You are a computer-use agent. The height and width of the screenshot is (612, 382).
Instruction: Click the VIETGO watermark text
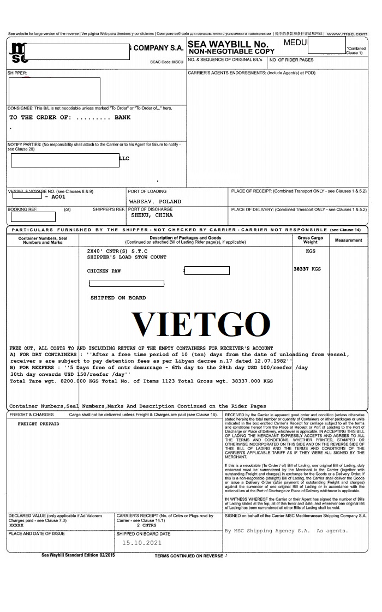pos(201,325)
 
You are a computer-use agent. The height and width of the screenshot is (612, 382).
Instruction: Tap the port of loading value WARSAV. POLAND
pos(155,201)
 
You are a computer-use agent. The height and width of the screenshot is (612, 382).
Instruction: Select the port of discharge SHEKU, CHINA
pos(152,215)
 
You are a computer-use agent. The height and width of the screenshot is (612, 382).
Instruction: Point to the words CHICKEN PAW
pos(104,271)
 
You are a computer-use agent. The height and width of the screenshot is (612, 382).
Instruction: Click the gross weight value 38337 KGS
pos(307,269)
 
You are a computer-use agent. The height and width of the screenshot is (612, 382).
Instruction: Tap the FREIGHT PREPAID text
pos(38,424)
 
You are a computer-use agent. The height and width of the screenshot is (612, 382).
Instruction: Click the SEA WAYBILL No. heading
pos(228,44)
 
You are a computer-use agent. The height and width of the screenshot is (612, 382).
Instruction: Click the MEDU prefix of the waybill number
pos(296,42)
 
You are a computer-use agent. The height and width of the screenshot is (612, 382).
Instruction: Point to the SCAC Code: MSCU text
pos(167,62)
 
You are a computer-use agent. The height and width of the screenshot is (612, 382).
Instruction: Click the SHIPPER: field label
pos(17,73)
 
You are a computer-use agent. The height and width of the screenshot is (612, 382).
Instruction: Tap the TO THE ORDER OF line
pos(70,117)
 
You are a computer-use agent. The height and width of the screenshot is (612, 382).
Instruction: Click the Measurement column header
pos(349,240)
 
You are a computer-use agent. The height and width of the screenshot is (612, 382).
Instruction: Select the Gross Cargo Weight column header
pos(310,240)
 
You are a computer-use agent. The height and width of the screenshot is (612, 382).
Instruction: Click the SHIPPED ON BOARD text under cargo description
pos(118,298)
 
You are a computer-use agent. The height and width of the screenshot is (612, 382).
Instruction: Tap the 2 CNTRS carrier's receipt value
pos(146,525)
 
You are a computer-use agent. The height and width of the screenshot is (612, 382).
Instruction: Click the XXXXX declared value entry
pos(17,525)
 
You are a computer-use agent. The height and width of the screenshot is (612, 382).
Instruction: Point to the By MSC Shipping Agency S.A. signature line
pos(286,531)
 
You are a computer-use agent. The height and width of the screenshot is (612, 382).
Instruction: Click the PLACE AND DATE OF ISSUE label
pos(36,534)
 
